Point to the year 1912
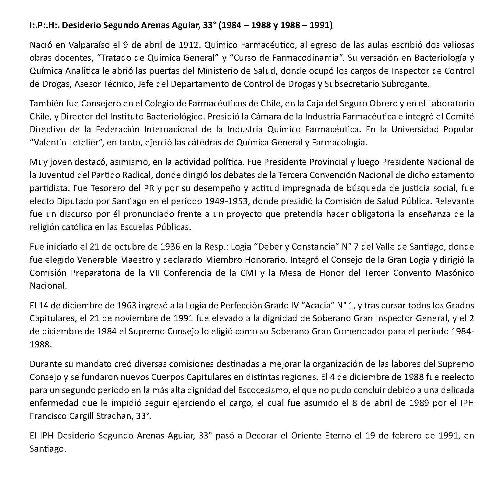point(186,45)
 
